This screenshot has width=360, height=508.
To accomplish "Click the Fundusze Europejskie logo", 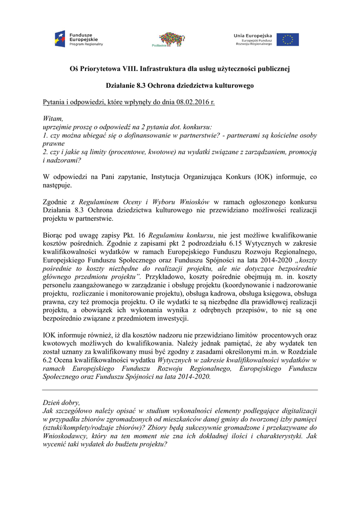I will (x=79, y=39).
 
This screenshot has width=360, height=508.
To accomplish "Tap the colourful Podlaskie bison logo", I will (x=171, y=39).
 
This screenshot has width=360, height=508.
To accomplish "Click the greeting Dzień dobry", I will (x=61, y=403).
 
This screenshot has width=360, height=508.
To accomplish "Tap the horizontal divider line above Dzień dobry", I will (x=180, y=390).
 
